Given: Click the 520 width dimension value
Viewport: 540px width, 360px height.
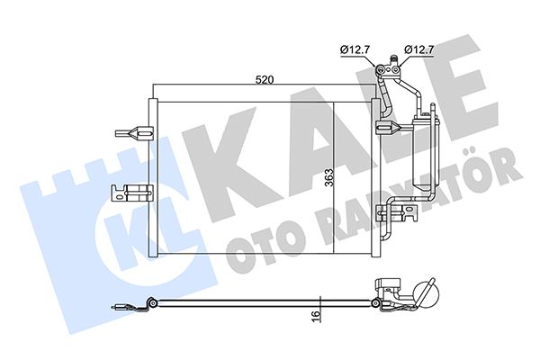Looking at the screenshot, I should point(263,80).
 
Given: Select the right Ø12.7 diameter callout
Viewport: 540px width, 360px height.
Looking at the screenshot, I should point(420,49).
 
